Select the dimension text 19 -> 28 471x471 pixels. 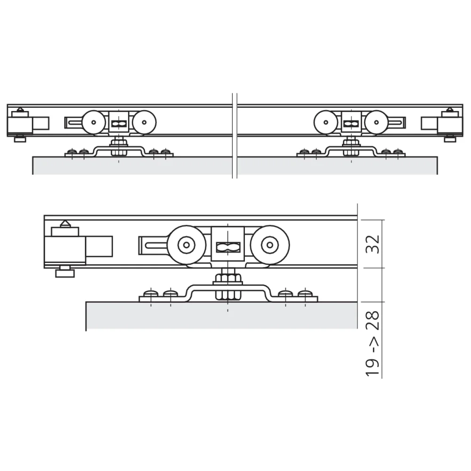click(373, 342)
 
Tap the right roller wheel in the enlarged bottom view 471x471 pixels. click(269, 245)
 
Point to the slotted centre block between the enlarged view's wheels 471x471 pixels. click(228, 245)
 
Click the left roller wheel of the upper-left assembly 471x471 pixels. click(93, 123)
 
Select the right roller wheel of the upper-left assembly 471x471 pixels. click(144, 123)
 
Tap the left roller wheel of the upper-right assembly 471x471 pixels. click(325, 123)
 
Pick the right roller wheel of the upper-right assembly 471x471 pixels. click(376, 123)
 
